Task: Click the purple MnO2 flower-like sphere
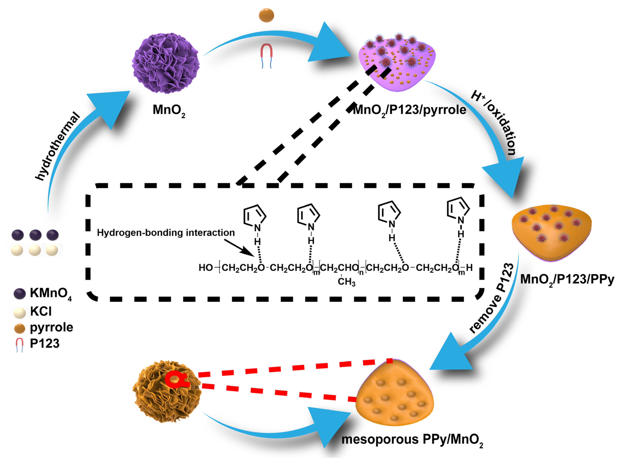click(x=166, y=63)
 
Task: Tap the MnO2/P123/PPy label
click(x=567, y=279)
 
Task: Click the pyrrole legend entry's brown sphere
click(x=20, y=329)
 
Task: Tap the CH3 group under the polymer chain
click(x=346, y=282)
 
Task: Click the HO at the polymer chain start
click(x=206, y=268)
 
